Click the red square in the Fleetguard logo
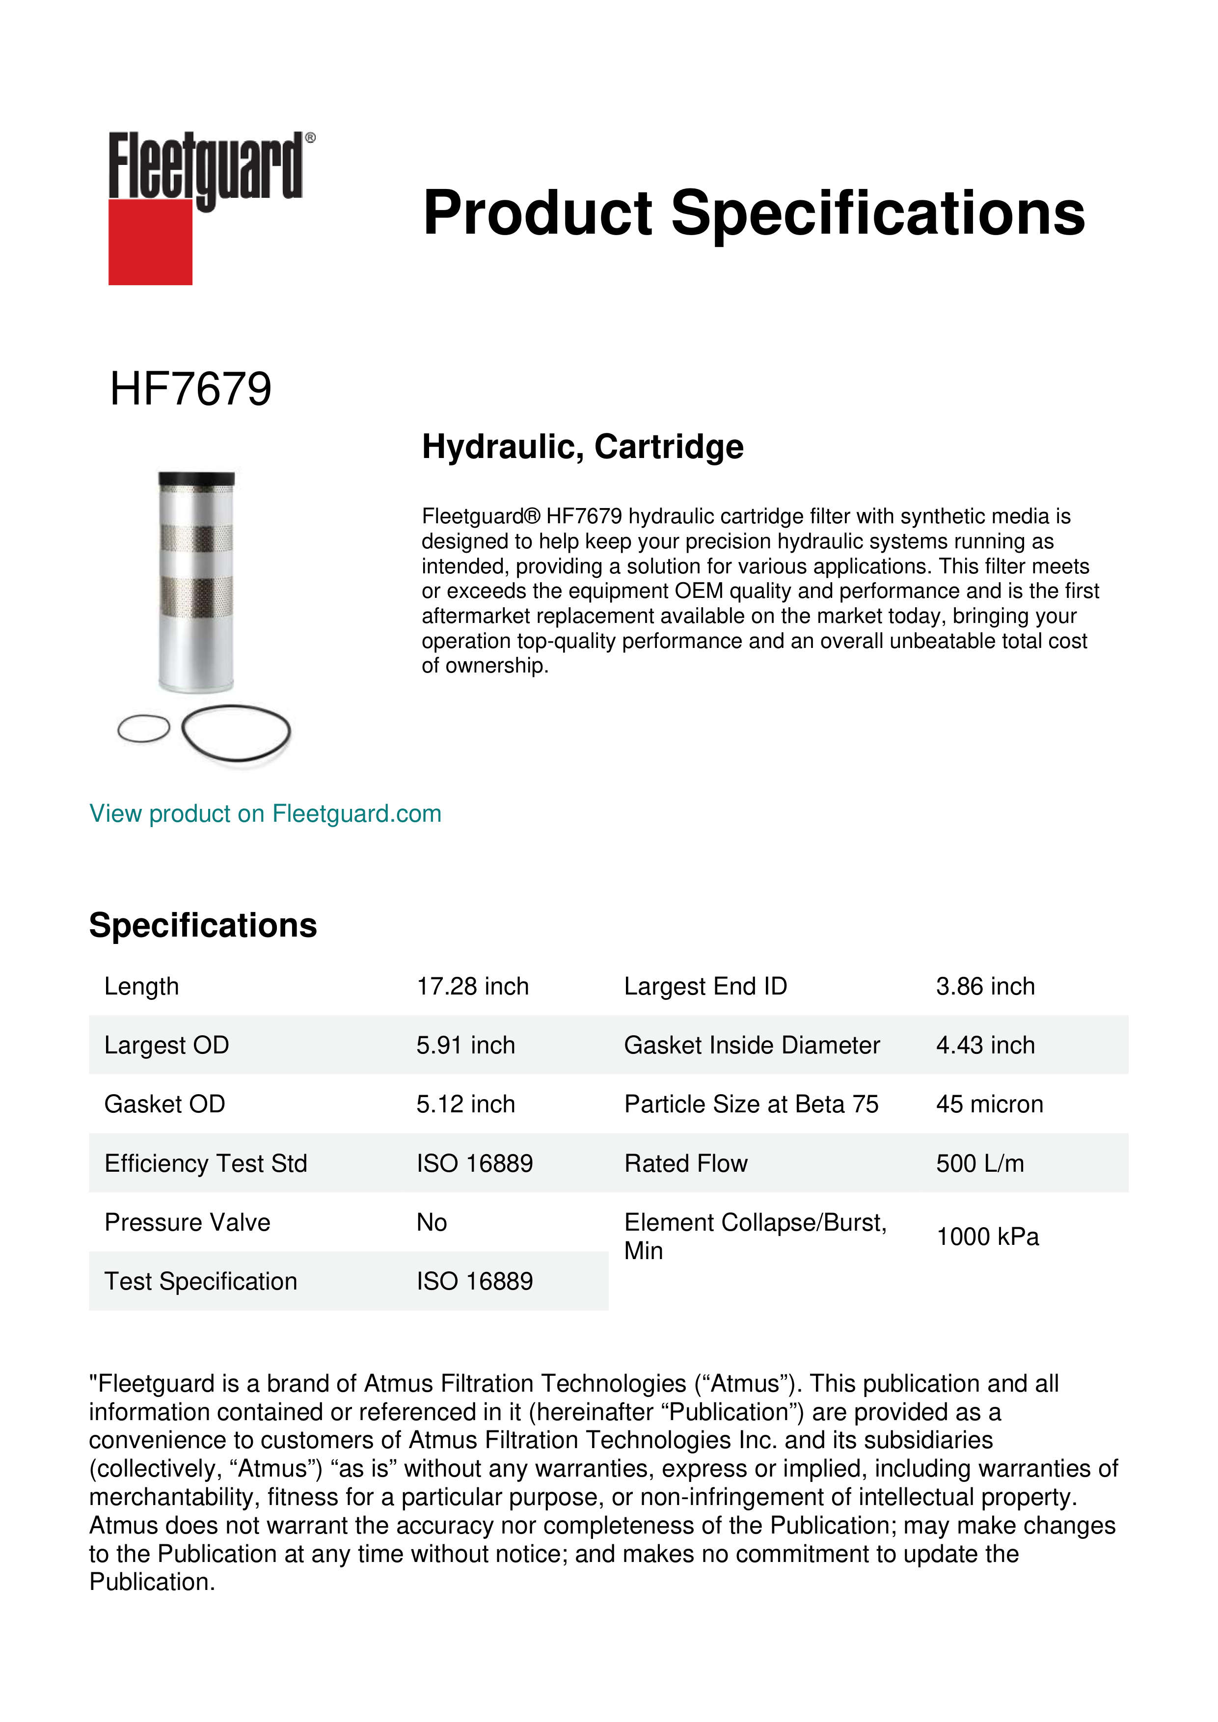[x=150, y=242]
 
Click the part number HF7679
[x=190, y=389]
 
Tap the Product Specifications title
[x=753, y=213]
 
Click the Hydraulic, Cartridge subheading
[x=582, y=447]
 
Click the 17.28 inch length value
[x=472, y=986]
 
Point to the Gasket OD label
[x=164, y=1104]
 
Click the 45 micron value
[x=989, y=1104]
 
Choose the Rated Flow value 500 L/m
[x=979, y=1163]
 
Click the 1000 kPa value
[x=987, y=1237]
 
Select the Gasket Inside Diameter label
[x=752, y=1045]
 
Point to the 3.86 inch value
[x=985, y=986]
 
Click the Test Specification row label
[x=200, y=1281]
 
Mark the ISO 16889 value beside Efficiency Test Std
[x=474, y=1163]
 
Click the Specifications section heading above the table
[x=202, y=925]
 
